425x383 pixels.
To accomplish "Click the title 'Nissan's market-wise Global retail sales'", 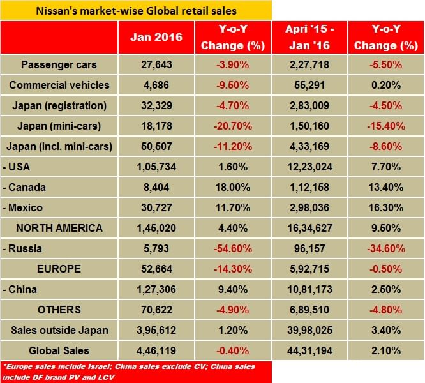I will [x=136, y=10].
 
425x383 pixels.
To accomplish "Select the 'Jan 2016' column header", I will [x=156, y=38].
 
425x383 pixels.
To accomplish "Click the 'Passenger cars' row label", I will [x=60, y=64].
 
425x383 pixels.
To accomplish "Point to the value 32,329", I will [x=156, y=105].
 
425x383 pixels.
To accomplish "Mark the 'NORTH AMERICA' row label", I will [x=60, y=228].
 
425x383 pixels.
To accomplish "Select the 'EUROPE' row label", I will [x=60, y=269].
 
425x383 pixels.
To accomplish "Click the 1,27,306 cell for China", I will [x=156, y=289].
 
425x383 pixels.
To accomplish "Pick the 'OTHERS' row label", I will [x=60, y=310].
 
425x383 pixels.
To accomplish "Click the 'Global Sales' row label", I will [x=60, y=350].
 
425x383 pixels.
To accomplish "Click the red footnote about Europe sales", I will [x=136, y=371].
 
